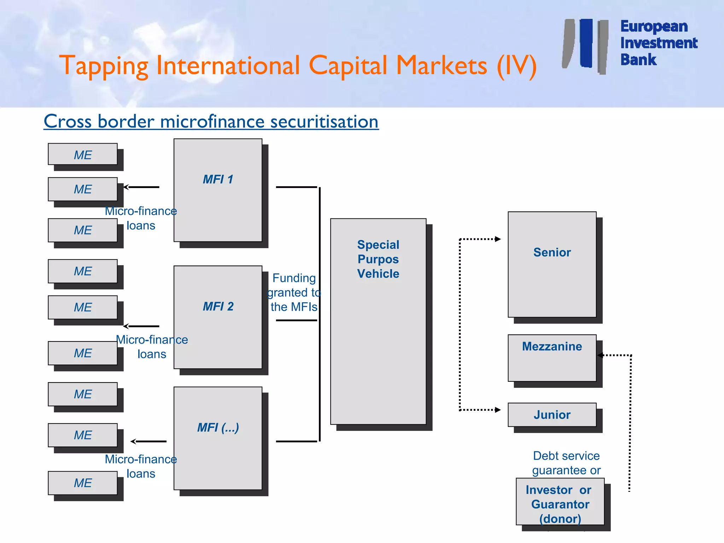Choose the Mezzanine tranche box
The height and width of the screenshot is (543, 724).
click(x=552, y=358)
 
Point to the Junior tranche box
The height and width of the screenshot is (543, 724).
click(x=552, y=415)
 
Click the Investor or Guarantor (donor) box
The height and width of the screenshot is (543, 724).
click(x=560, y=502)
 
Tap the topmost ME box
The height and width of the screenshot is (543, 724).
click(x=83, y=154)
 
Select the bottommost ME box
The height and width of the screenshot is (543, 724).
click(x=83, y=483)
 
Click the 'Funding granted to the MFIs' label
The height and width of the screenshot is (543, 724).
click(x=294, y=292)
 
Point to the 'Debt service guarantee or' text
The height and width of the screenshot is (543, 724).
click(x=566, y=463)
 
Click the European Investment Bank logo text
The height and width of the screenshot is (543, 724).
click(x=658, y=43)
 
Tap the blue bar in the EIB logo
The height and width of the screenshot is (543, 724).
click(x=586, y=43)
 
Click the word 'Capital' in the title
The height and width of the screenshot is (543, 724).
click(x=348, y=66)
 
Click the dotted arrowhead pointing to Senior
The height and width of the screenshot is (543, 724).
click(x=498, y=239)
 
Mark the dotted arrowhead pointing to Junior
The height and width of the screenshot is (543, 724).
click(x=498, y=410)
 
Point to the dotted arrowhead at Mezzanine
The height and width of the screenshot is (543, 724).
click(x=600, y=355)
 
